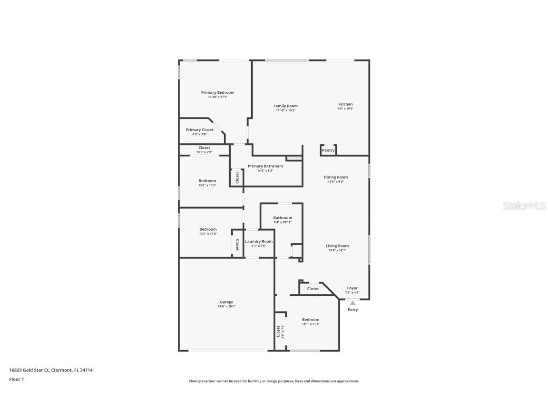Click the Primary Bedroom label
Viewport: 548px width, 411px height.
(x=217, y=92)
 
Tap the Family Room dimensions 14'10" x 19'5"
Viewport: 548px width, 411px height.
(x=285, y=110)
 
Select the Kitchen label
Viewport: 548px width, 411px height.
(x=345, y=104)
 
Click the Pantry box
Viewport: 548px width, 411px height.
(x=328, y=150)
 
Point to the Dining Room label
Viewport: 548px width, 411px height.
(x=336, y=177)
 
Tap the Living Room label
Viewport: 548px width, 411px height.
(x=337, y=246)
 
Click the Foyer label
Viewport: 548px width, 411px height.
(x=352, y=288)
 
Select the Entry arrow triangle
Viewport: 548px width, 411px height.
(x=352, y=303)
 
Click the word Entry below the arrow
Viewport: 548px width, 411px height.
(x=352, y=310)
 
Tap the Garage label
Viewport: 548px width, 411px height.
(x=226, y=302)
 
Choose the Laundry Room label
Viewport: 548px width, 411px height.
(x=259, y=241)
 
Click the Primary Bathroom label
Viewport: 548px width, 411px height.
(x=265, y=166)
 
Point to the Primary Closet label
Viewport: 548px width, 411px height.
(x=199, y=130)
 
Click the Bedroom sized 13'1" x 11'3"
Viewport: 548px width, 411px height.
(x=311, y=322)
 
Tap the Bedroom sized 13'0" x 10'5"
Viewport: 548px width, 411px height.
(x=207, y=183)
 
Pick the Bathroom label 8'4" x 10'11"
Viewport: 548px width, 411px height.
(x=283, y=220)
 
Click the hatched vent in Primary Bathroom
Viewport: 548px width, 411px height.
(x=294, y=158)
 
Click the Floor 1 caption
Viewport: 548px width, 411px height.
(x=16, y=379)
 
